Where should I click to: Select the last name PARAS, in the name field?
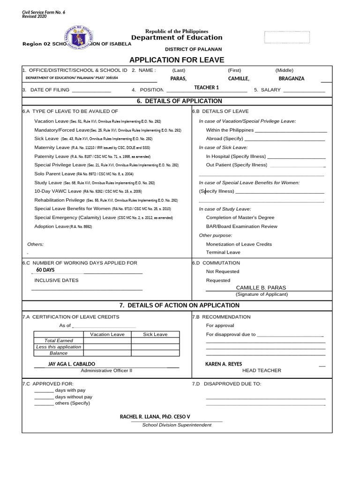tap(179, 79)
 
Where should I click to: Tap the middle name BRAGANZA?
tap(291, 79)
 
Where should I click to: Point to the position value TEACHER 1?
tap(207, 88)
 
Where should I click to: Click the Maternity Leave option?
tap(52, 148)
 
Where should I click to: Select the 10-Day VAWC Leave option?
tap(58, 191)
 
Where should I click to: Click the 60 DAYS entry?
tap(45, 270)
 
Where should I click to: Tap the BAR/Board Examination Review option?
tap(241, 226)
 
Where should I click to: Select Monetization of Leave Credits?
tap(239, 244)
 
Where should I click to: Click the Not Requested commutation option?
tap(223, 271)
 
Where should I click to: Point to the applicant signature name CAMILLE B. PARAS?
tap(261, 287)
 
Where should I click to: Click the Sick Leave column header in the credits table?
tap(155, 334)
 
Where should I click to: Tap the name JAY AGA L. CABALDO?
tap(72, 364)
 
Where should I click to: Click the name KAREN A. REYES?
tap(224, 364)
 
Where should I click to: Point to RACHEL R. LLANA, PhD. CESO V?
tap(155, 416)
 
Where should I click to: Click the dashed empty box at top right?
tap(287, 37)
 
